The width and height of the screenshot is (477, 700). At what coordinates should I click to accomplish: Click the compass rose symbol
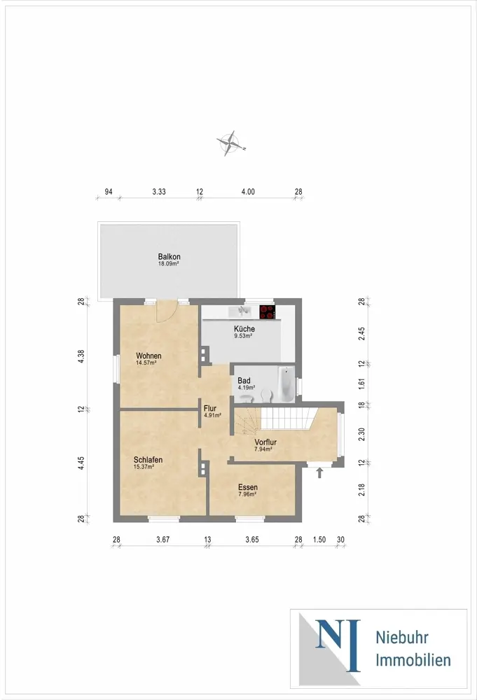pos(231,143)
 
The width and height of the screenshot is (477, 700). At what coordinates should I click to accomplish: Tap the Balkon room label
pos(170,257)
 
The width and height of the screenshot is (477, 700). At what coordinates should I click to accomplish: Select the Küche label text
pos(244,328)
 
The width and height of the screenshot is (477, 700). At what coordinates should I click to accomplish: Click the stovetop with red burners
pos(268,311)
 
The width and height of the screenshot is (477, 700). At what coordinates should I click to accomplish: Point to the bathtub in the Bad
pos(286,384)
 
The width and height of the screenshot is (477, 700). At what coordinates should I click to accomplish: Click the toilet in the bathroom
pos(267,395)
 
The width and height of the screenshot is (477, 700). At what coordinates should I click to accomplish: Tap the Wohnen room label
pos(148,356)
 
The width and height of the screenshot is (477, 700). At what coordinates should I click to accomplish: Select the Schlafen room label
pos(148,460)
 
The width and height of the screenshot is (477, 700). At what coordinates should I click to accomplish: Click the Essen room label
pos(248,487)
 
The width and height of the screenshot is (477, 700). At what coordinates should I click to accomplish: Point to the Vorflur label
pos(265,442)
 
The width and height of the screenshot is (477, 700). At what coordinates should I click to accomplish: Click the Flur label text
pos(210,408)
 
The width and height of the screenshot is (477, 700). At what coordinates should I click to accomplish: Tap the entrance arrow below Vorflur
pos(319,472)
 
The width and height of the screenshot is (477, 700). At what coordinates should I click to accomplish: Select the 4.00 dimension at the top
pos(248,192)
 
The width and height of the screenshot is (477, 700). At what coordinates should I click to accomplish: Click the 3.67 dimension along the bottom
pos(163,539)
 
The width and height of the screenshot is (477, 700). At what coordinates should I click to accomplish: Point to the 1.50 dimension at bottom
pos(319,539)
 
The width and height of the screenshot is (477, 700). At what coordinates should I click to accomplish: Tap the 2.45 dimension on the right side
pos(361,334)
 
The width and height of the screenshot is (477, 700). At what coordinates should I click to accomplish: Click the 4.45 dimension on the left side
pos(81,463)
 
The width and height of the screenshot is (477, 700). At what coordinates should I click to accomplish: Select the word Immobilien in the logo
pos(413,660)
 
